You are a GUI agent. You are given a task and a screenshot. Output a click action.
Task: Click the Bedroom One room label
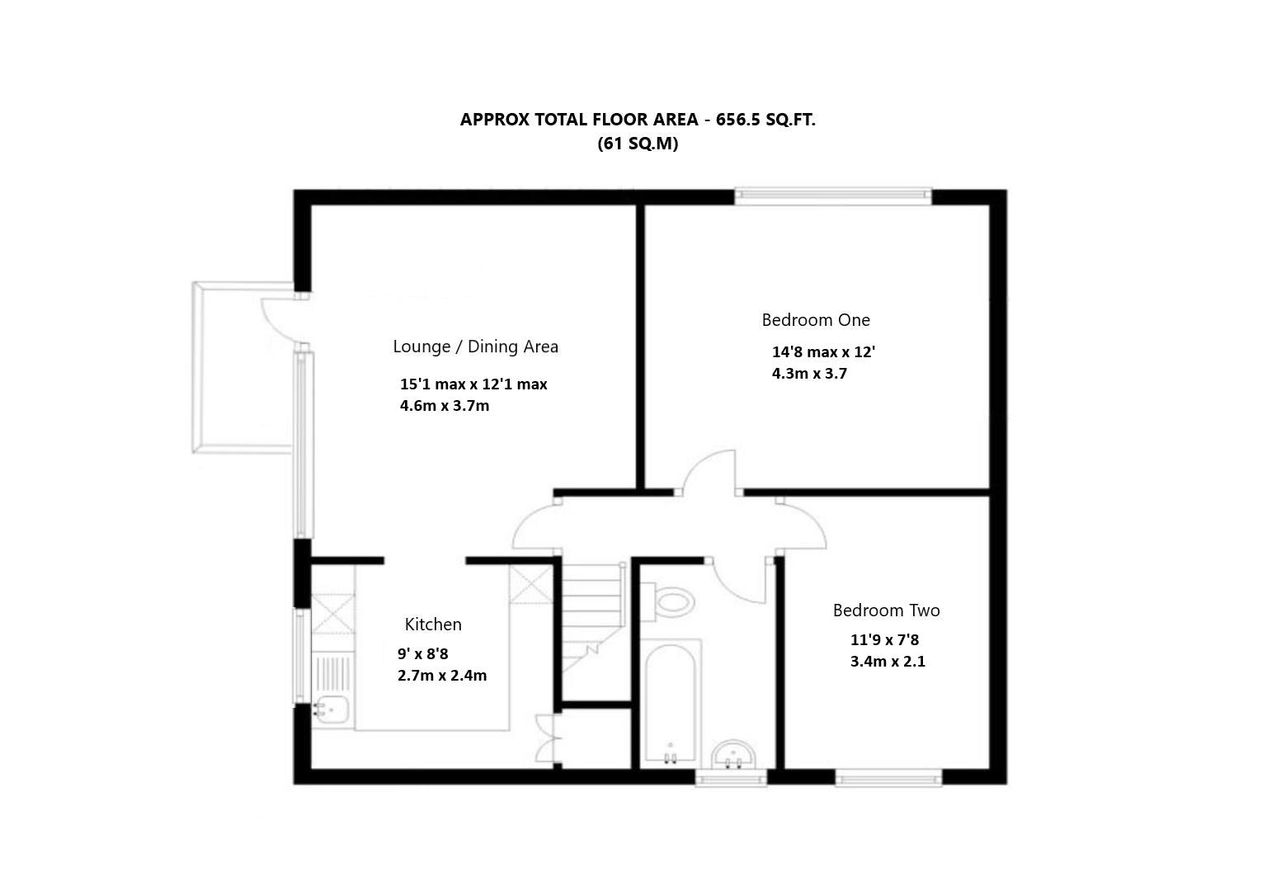[x=815, y=320]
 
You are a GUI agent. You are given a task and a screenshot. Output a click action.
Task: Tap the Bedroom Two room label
[x=886, y=610]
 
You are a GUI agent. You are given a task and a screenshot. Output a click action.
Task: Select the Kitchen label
[x=433, y=625]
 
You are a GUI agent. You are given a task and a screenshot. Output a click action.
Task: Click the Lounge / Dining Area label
[x=475, y=346]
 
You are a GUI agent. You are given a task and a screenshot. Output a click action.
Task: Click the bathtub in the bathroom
[x=670, y=701]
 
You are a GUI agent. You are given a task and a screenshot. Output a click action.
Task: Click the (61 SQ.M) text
[x=638, y=144]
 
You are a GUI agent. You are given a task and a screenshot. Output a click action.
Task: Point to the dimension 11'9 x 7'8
[x=884, y=640]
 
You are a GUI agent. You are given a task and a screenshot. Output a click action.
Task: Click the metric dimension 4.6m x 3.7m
[x=445, y=406]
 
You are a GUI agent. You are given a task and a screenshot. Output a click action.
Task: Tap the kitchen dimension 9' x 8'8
[x=423, y=654]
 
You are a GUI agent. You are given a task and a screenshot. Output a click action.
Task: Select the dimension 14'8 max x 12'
[x=823, y=352]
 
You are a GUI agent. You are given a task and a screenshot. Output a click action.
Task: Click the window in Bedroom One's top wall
[x=833, y=196]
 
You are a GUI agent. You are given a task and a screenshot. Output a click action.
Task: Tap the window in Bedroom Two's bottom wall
[x=888, y=776]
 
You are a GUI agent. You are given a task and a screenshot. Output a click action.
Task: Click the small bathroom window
[x=731, y=777]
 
